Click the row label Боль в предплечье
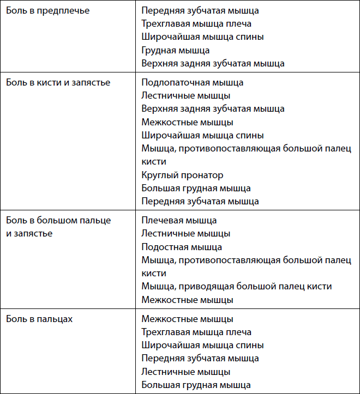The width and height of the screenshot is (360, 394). [x=48, y=10]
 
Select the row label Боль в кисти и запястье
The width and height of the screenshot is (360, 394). [x=58, y=82]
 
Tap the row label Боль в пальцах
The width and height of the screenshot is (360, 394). [x=39, y=319]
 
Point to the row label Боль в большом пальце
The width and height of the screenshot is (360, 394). [x=58, y=220]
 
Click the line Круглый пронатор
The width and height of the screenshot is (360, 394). [x=182, y=175]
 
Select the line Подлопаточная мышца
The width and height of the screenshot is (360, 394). [x=192, y=82]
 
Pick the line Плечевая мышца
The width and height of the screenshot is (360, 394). [x=179, y=220]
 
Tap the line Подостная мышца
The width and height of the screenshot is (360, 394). [x=182, y=247]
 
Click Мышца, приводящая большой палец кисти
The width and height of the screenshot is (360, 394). [x=236, y=287]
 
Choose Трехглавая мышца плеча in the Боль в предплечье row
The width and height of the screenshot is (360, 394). [x=196, y=23]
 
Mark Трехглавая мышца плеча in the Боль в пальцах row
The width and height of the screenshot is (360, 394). [x=196, y=332]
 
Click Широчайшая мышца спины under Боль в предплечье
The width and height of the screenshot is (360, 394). [x=202, y=37]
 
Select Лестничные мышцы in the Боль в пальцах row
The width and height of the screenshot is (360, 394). [x=185, y=372]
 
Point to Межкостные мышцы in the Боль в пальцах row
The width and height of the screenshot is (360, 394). [x=187, y=319]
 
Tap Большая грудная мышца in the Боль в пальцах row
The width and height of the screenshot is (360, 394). [x=196, y=385]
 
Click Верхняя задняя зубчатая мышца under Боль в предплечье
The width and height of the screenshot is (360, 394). [x=213, y=63]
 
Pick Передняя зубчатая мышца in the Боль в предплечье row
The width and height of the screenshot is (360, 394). [x=200, y=10]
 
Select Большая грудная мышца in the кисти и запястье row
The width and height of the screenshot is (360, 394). [x=196, y=188]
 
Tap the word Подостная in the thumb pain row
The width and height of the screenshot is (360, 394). [x=163, y=247]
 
